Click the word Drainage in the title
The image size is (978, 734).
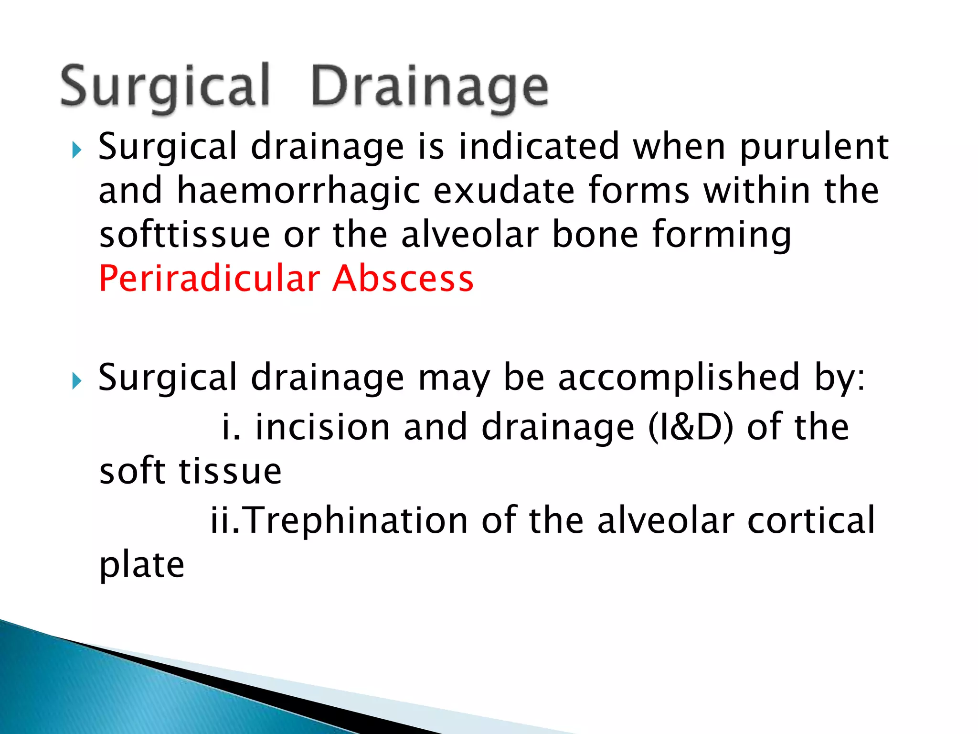click(430, 87)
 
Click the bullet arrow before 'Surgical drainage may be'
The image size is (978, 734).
click(76, 381)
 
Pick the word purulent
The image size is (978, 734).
click(814, 147)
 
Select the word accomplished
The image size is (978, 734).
click(679, 378)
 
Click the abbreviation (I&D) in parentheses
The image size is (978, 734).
click(691, 427)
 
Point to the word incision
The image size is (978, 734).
click(322, 427)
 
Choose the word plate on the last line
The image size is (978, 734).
click(142, 566)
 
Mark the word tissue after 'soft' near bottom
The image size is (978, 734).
click(230, 471)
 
